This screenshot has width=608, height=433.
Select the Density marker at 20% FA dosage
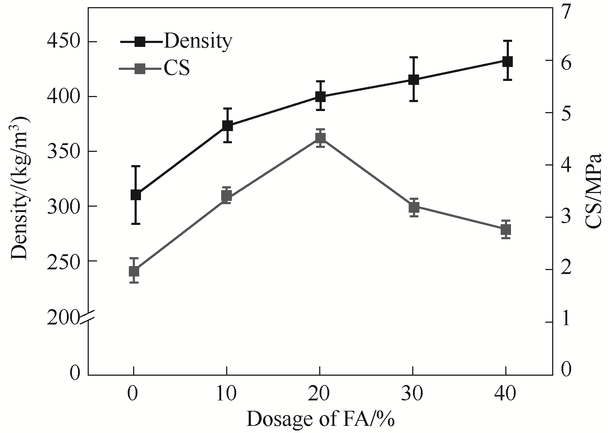[320, 97]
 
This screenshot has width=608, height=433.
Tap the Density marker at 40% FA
[507, 62]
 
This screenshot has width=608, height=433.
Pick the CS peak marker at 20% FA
[320, 138]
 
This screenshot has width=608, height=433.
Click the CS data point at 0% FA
[134, 271]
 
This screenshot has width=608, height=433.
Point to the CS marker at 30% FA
[414, 207]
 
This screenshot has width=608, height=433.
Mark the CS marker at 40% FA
[506, 230]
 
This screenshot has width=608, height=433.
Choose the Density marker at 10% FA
[228, 126]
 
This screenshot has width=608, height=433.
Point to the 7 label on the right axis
[566, 13]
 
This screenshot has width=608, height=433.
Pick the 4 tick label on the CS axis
[566, 165]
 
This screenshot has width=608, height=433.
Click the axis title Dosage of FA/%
[320, 419]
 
